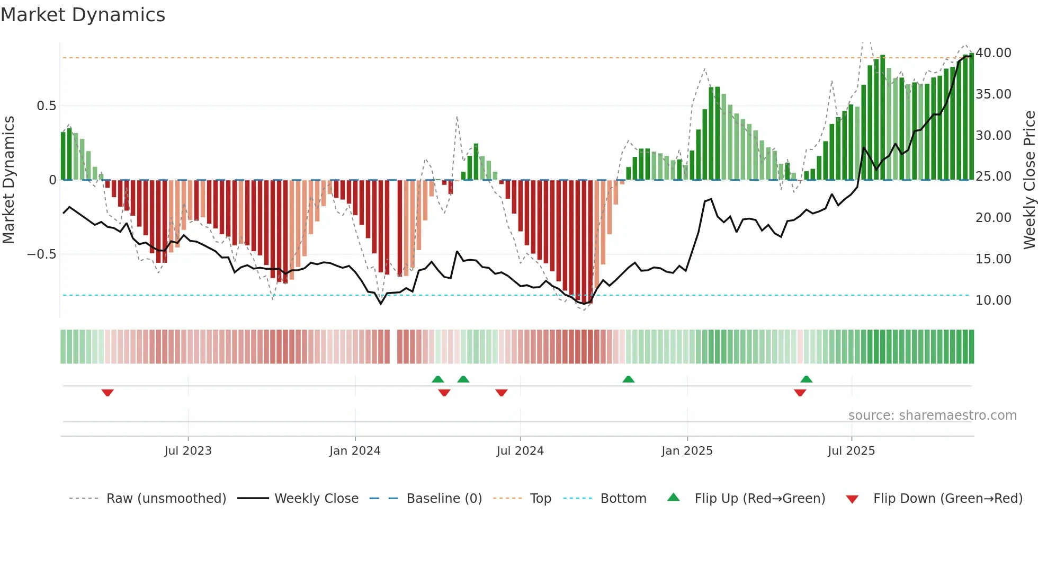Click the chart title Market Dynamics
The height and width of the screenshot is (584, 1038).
point(83,15)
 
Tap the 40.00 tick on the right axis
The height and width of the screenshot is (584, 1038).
point(993,53)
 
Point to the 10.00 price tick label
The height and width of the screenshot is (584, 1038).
point(993,300)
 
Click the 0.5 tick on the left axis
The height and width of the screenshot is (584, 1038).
point(46,106)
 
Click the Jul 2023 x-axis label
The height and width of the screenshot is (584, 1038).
point(187,451)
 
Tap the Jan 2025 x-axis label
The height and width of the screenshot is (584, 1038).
point(687,451)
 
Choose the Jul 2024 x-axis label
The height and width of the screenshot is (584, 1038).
point(520,451)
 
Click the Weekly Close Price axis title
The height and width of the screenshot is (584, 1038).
point(1029,180)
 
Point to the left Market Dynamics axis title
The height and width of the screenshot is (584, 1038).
point(8,180)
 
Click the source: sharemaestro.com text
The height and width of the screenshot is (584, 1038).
point(932,415)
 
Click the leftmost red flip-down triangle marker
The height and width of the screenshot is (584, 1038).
point(108,393)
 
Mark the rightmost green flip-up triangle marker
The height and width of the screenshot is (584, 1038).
point(806,379)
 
